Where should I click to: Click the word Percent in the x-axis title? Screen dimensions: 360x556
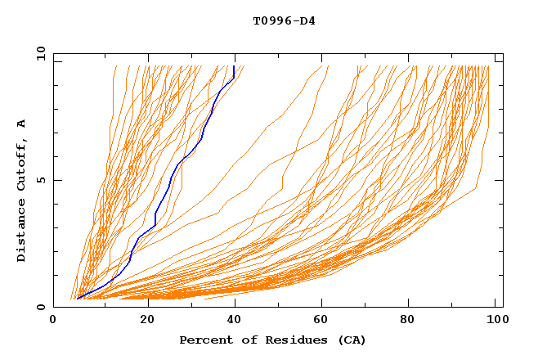point(203,340)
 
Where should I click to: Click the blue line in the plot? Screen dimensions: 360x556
point(171,184)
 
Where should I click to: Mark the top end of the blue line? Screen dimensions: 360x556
point(235,66)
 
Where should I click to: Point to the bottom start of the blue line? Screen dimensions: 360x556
point(77,299)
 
